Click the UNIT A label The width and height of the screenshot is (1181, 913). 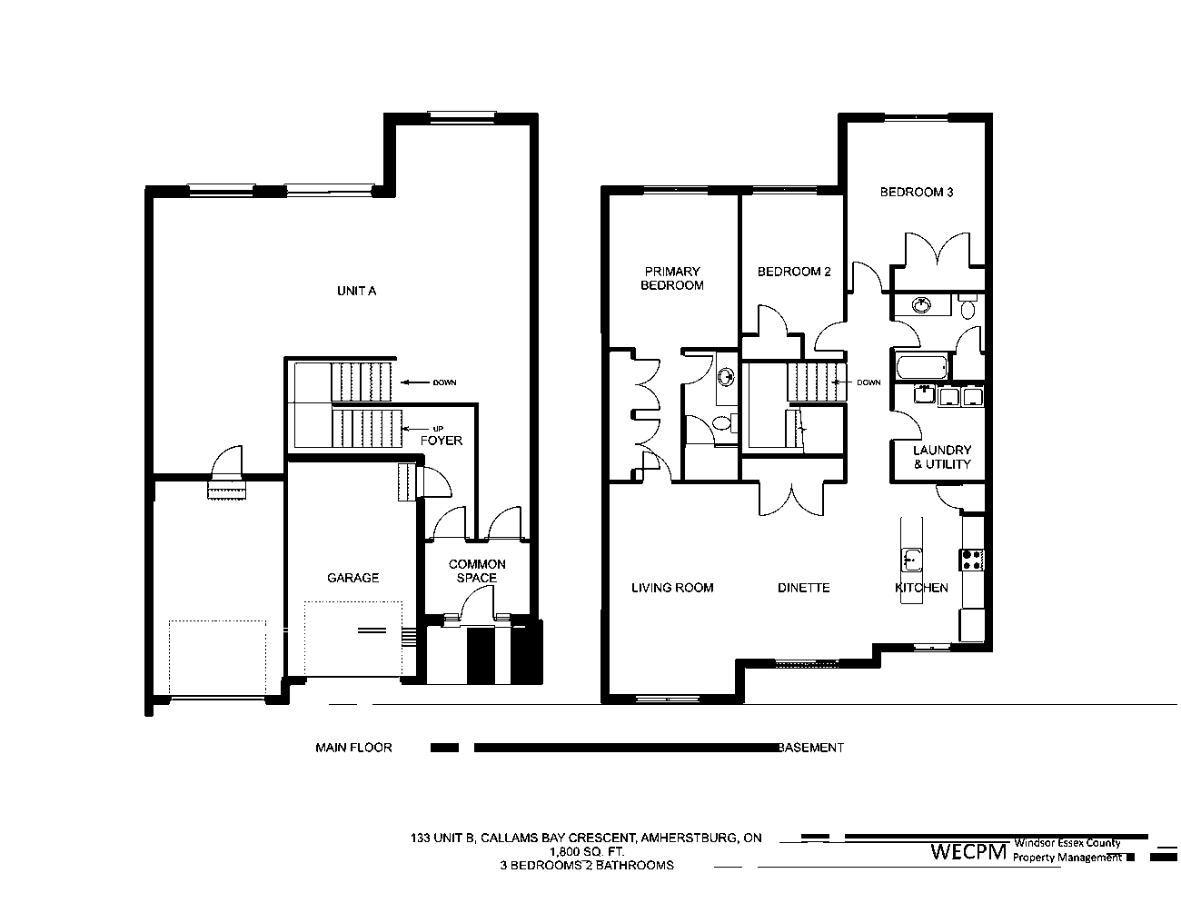coord(356,292)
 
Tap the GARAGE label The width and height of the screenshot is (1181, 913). coord(352,578)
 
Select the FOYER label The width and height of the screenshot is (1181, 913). coord(442,441)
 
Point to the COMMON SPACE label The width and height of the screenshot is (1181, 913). coord(477,571)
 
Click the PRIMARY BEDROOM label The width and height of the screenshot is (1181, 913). coord(672,278)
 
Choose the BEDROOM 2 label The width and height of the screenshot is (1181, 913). coord(794,272)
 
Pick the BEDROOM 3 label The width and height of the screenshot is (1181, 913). coord(917,193)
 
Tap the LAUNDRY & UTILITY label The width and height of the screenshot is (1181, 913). coord(942,457)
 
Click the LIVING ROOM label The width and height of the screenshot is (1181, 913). coord(672,588)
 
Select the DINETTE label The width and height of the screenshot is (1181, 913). coord(804,588)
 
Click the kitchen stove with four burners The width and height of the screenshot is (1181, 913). coord(972,561)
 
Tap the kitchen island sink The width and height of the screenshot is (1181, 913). coord(912,560)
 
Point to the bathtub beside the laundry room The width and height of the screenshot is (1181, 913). coord(922,367)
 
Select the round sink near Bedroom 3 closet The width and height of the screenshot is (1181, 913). coord(921,306)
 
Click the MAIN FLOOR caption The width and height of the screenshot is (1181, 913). coord(353,748)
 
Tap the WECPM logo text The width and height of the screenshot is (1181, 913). coord(968,851)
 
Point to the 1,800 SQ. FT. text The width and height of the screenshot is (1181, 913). coord(587,851)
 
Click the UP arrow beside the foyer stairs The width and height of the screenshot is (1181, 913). coord(414,429)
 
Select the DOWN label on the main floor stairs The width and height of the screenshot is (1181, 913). coord(444,382)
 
